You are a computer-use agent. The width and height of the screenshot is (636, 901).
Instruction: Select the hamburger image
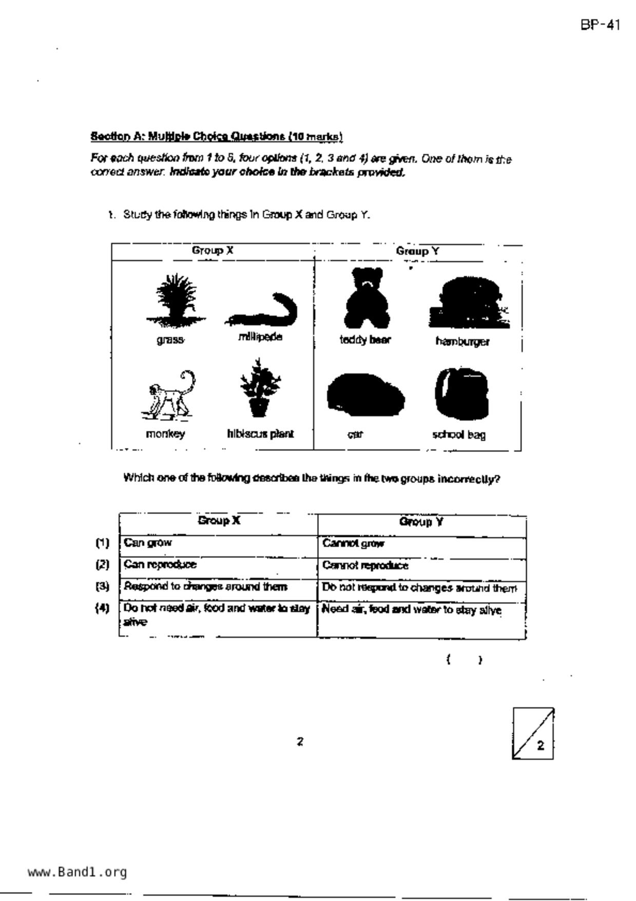pyautogui.click(x=468, y=303)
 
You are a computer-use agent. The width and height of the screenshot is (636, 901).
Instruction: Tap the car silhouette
pyautogui.click(x=365, y=395)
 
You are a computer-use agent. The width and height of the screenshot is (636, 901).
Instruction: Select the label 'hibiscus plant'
pyautogui.click(x=260, y=434)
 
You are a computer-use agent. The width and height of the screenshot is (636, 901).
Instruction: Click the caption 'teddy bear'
pyautogui.click(x=365, y=340)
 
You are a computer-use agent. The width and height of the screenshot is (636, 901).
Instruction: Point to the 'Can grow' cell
pyautogui.click(x=218, y=543)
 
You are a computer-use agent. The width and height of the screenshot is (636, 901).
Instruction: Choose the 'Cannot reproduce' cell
pyautogui.click(x=421, y=566)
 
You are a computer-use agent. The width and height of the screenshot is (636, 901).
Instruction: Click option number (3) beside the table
pyautogui.click(x=103, y=586)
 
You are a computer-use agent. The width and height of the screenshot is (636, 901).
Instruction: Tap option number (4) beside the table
pyautogui.click(x=103, y=608)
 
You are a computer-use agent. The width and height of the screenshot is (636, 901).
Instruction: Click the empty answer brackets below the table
pyautogui.click(x=464, y=660)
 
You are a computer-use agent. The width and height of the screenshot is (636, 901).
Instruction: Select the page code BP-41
pyautogui.click(x=601, y=25)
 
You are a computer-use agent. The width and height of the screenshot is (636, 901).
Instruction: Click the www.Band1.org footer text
pyautogui.click(x=77, y=872)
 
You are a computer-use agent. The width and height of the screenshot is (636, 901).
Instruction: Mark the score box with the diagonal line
pyautogui.click(x=533, y=733)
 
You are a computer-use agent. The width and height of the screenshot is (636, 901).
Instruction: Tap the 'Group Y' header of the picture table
pyautogui.click(x=417, y=251)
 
